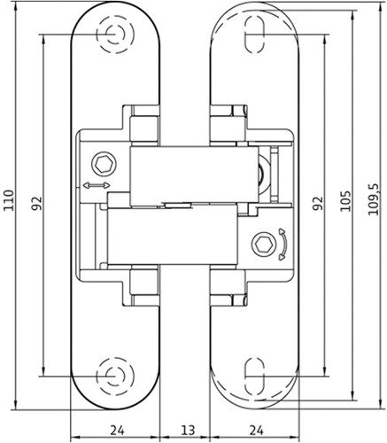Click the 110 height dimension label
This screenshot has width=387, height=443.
9,200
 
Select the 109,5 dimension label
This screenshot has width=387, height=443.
373,199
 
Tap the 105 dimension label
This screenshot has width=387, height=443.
345,201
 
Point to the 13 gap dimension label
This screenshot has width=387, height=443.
188,430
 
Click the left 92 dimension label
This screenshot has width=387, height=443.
37,203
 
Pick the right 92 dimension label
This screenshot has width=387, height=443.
318,203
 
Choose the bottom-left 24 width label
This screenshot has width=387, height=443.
117,430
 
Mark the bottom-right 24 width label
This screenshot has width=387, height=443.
256,430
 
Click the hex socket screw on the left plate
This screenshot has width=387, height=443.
104,164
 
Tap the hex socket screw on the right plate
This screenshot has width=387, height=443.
264,245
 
